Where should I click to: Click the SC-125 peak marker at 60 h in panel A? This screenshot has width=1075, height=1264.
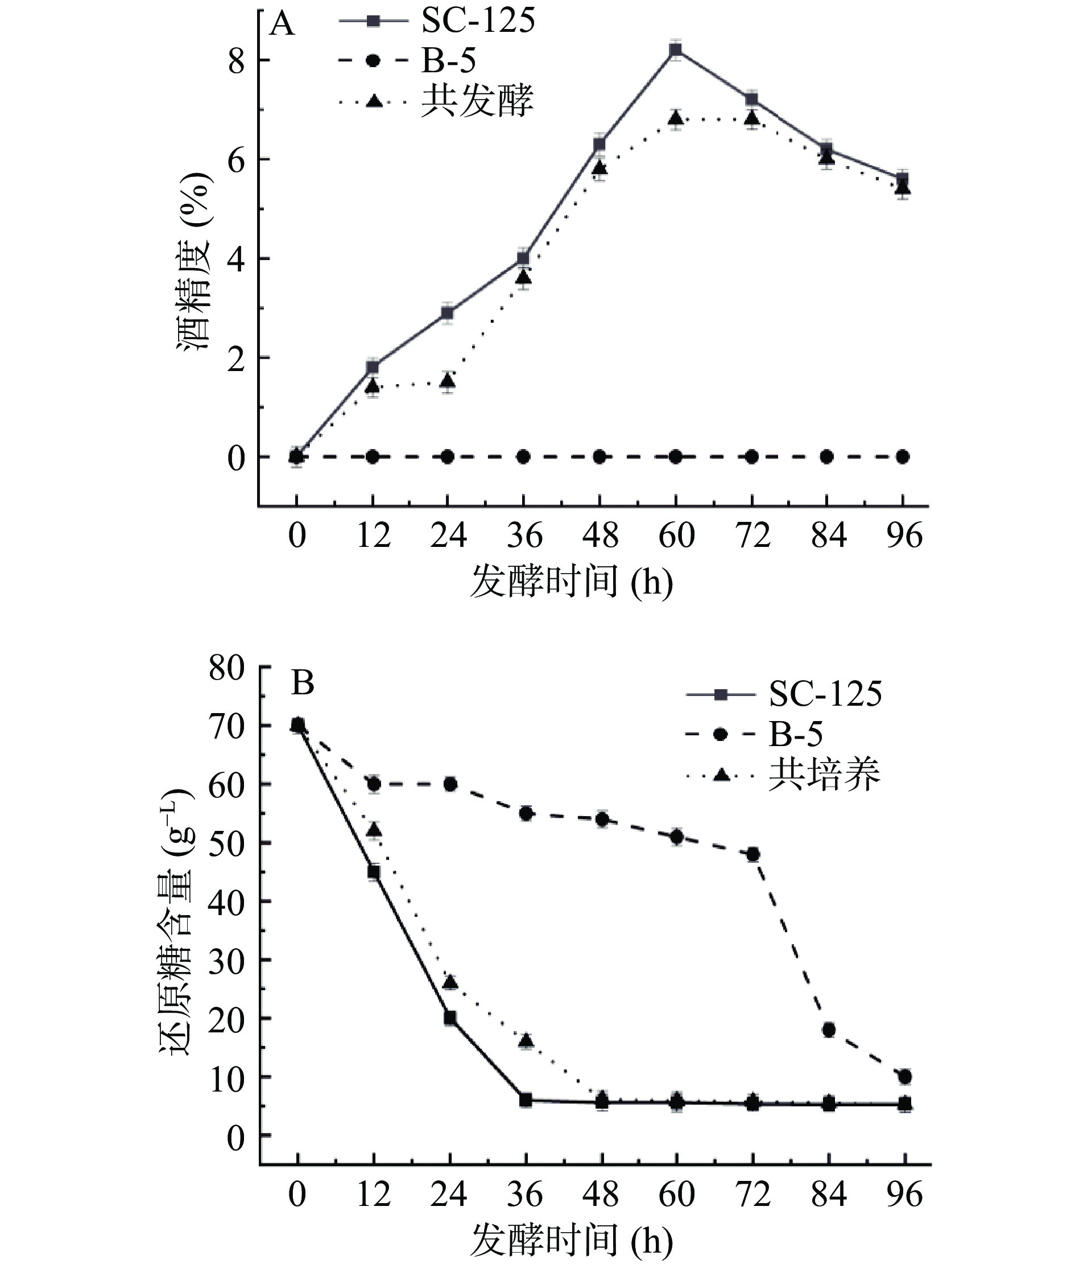click(675, 50)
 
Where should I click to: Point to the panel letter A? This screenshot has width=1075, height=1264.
click(282, 25)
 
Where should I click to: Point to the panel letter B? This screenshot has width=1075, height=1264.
click(302, 683)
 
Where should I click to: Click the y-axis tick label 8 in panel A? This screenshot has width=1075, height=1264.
click(236, 61)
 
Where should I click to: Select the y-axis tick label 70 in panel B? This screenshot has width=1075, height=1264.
click(226, 726)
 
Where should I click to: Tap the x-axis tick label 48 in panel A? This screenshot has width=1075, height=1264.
click(599, 537)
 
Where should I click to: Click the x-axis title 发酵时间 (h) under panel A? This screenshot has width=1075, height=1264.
click(571, 581)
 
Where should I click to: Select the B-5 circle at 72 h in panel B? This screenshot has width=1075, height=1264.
click(753, 854)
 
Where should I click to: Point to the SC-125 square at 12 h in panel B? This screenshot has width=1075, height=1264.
click(374, 872)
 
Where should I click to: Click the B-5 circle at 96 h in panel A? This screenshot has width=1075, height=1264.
click(903, 456)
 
